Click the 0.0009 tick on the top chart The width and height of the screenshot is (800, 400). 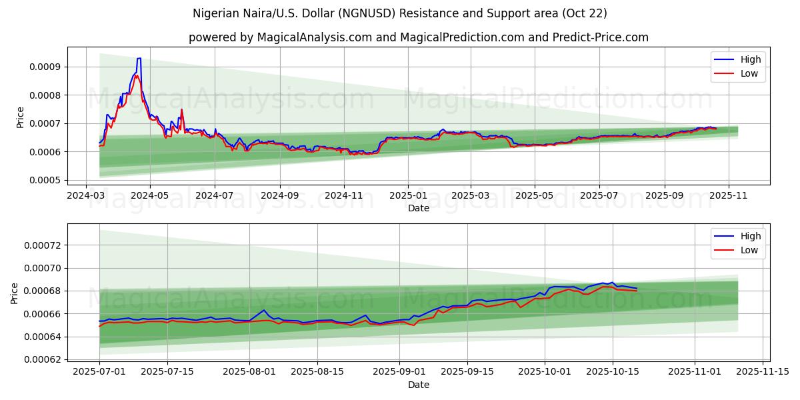(x=45, y=67)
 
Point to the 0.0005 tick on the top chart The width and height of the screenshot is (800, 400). (x=45, y=181)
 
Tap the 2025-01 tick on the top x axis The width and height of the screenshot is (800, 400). (x=408, y=197)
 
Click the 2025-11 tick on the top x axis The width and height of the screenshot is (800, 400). (x=728, y=197)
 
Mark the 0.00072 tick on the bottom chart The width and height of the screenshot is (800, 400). (x=42, y=245)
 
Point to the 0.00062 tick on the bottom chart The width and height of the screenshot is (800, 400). (x=42, y=360)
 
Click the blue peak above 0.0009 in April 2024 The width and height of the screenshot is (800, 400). (x=139, y=59)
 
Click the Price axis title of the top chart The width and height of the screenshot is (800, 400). (x=20, y=117)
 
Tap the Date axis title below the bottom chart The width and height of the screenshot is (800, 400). (x=418, y=385)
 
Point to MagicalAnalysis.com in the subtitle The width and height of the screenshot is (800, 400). (x=315, y=37)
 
